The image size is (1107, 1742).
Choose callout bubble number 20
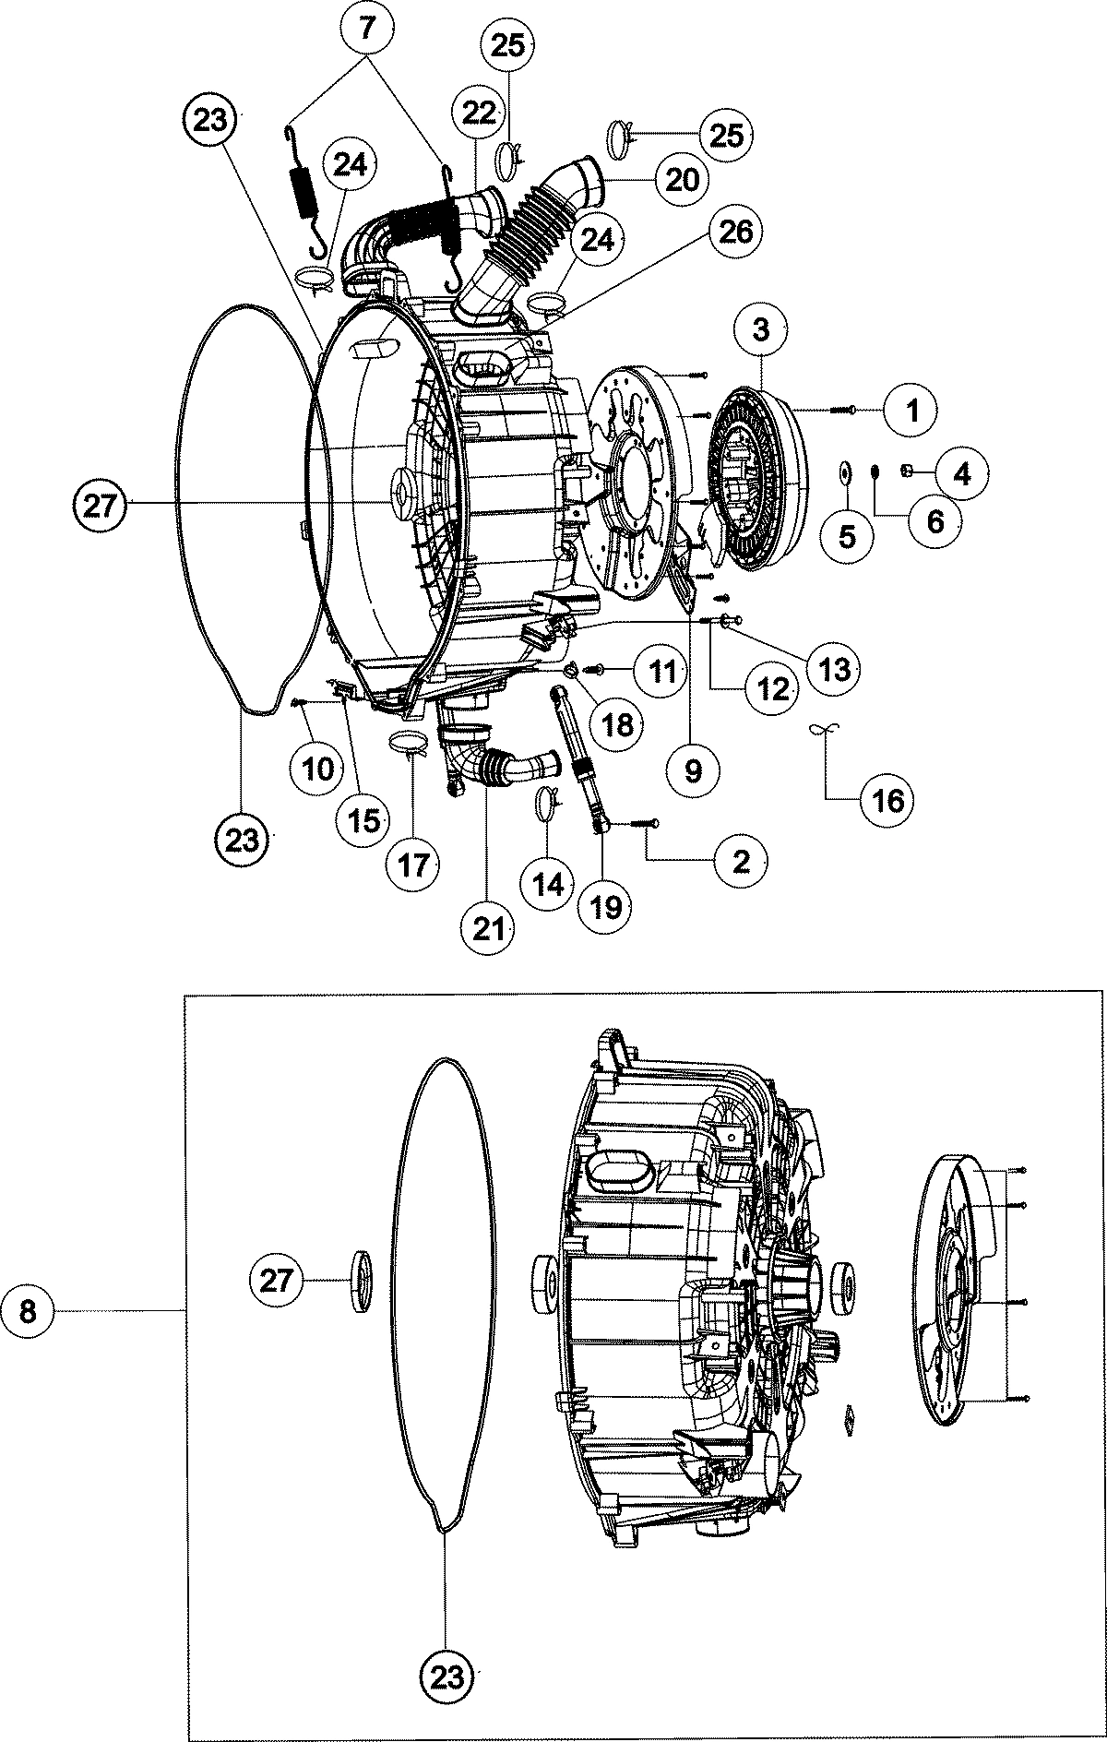(682, 178)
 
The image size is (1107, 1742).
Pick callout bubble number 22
(477, 113)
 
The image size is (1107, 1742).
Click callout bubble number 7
(366, 29)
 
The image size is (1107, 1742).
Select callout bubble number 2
(741, 861)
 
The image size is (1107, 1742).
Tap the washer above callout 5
(845, 472)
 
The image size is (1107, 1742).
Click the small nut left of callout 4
(906, 472)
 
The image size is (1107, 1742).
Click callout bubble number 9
(693, 770)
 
